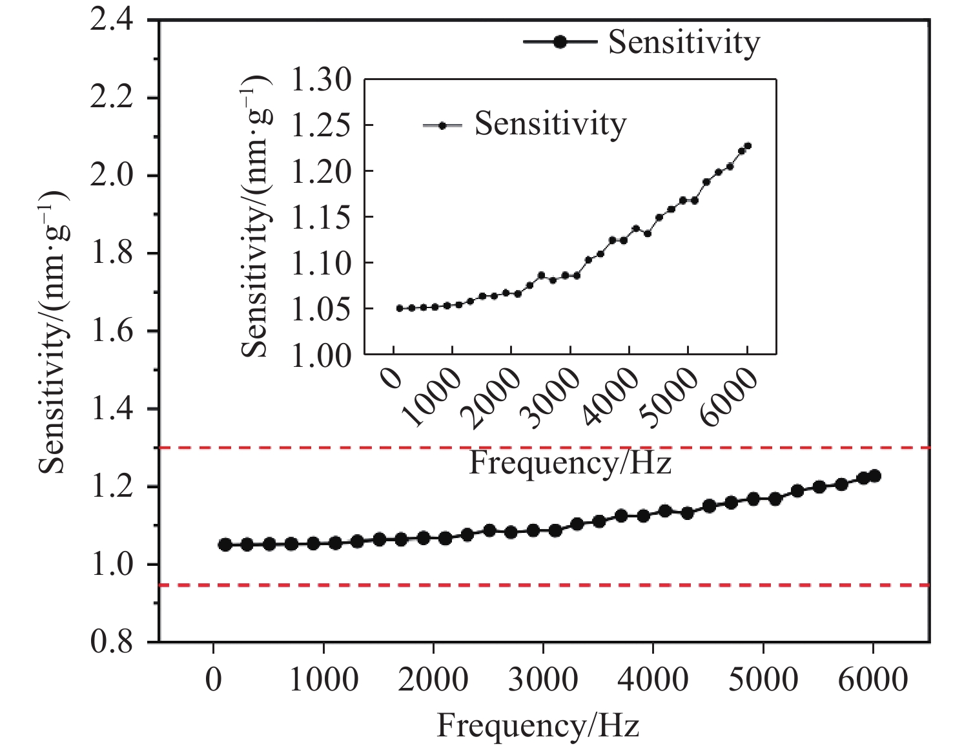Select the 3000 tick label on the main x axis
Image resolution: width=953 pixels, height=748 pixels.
(x=543, y=681)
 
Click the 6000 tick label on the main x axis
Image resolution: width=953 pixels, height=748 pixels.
(x=873, y=681)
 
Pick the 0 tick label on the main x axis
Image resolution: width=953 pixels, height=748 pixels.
(x=213, y=681)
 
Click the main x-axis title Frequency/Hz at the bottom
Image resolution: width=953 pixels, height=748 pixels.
(x=538, y=725)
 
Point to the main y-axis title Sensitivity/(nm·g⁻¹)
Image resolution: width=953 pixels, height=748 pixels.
(x=53, y=332)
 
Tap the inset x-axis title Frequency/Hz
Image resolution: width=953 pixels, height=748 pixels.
(x=570, y=462)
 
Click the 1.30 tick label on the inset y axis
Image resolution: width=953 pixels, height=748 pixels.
(x=321, y=80)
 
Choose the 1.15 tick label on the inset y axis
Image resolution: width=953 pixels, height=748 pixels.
(x=321, y=217)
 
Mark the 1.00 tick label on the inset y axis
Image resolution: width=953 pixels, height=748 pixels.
(x=321, y=355)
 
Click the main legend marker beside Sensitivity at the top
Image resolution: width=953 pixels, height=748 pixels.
(x=560, y=42)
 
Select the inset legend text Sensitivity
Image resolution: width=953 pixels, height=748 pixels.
(x=550, y=123)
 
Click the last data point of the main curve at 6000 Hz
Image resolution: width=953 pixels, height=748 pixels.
(x=875, y=476)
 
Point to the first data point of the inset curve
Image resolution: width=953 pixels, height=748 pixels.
(x=400, y=308)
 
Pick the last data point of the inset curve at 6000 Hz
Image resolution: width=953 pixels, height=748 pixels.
(x=748, y=146)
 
